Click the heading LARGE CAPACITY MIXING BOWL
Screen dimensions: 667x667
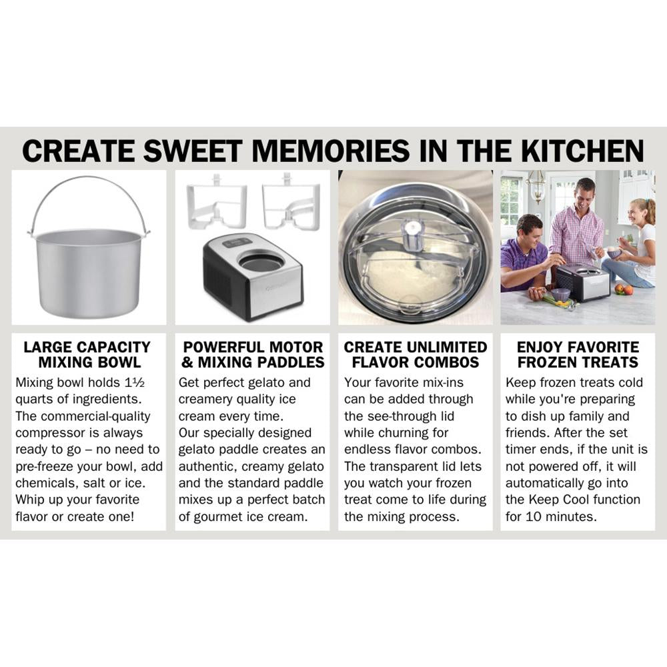(x=87, y=355)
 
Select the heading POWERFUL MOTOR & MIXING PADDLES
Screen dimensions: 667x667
(x=253, y=355)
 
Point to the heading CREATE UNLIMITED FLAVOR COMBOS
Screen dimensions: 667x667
(x=415, y=355)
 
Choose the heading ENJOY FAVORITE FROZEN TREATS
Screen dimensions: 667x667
(x=578, y=355)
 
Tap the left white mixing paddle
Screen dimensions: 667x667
(x=217, y=202)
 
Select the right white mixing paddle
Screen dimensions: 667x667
(x=291, y=202)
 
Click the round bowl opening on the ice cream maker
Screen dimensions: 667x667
(x=261, y=263)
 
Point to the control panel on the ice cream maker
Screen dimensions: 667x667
(x=237, y=243)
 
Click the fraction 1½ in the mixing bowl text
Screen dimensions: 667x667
(x=135, y=382)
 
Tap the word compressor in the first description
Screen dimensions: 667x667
(x=47, y=433)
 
